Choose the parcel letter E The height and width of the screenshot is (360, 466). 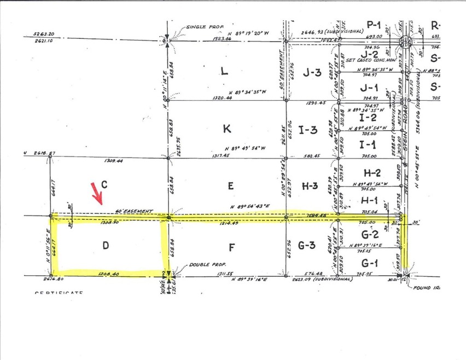click(x=231, y=186)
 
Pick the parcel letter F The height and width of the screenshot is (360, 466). click(x=232, y=247)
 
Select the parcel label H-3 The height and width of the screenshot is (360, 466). click(x=312, y=186)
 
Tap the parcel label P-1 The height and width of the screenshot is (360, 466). click(x=374, y=24)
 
